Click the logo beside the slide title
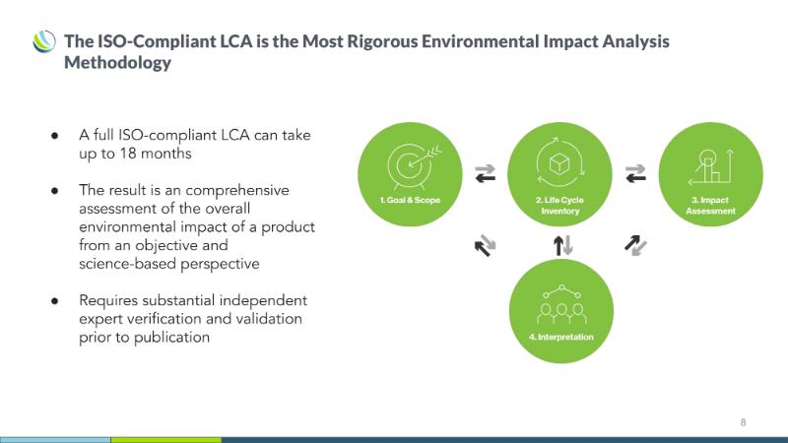point(44,41)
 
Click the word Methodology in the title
point(117,62)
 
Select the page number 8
point(743,422)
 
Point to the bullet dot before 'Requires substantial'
point(55,301)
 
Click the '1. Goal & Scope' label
point(410,200)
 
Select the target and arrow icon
point(413,165)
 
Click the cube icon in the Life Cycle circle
point(559,163)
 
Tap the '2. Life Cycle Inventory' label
point(559,206)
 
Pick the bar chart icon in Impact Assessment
point(710,166)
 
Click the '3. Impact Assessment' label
point(710,206)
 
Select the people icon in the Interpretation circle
point(561,305)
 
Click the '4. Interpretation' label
point(560,337)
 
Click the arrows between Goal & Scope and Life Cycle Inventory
point(485,173)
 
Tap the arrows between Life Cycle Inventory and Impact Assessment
point(635,173)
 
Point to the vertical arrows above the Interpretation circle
point(562,245)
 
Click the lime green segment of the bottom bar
point(165,440)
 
